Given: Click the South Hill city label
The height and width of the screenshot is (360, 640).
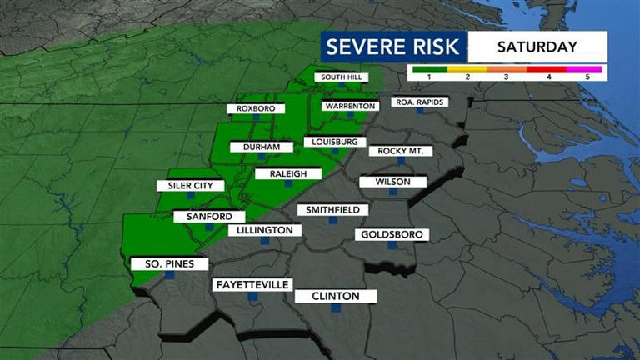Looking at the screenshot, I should pyautogui.click(x=340, y=78).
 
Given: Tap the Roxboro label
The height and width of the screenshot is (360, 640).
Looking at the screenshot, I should pyautogui.click(x=257, y=108).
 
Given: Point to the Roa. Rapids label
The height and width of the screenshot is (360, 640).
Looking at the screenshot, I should pyautogui.click(x=420, y=102).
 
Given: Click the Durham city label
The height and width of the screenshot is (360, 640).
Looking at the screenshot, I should pyautogui.click(x=262, y=147).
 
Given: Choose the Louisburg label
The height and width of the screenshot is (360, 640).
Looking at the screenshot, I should pyautogui.click(x=333, y=142).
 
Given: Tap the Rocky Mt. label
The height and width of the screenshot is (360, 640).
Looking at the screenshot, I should pyautogui.click(x=401, y=151).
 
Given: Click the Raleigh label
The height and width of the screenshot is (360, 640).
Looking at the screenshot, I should pyautogui.click(x=282, y=173).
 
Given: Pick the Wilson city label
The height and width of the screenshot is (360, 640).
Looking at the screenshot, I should pyautogui.click(x=392, y=182).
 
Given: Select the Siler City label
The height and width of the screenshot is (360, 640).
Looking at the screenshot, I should pyautogui.click(x=191, y=186).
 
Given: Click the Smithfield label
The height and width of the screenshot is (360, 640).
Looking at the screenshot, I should pyautogui.click(x=332, y=209).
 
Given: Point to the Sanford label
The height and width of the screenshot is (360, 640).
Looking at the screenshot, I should pyautogui.click(x=203, y=217).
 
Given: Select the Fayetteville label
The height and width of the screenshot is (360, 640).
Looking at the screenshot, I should pyautogui.click(x=252, y=284).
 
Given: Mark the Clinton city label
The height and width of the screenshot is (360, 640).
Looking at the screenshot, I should pyautogui.click(x=335, y=296).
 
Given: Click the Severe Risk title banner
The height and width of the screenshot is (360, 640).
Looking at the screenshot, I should pyautogui.click(x=393, y=47).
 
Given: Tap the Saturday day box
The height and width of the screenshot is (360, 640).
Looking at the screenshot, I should pyautogui.click(x=537, y=47).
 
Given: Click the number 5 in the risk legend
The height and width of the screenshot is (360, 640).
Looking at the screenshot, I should pyautogui.click(x=587, y=77).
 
